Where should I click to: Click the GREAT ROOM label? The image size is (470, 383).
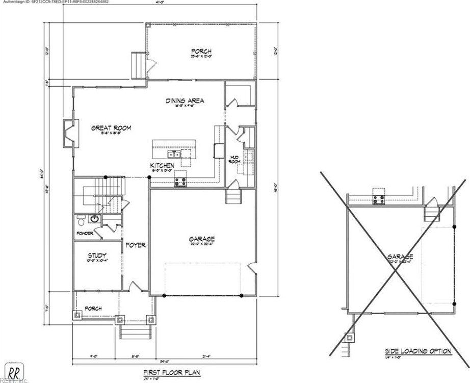coord(111,128)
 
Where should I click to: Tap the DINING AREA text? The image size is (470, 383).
coord(185,101)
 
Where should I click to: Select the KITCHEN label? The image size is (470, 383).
coord(162,166)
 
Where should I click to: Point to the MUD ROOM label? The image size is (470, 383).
coord(234,160)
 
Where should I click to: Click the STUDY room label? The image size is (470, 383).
coord(97,256)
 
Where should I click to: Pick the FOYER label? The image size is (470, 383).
coord(136,245)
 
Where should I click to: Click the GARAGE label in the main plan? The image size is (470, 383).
coord(202,239)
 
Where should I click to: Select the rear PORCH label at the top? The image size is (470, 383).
coord(201,51)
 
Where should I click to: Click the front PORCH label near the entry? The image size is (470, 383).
coord(93,309)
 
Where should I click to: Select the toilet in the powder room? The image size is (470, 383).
coord(81,220)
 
